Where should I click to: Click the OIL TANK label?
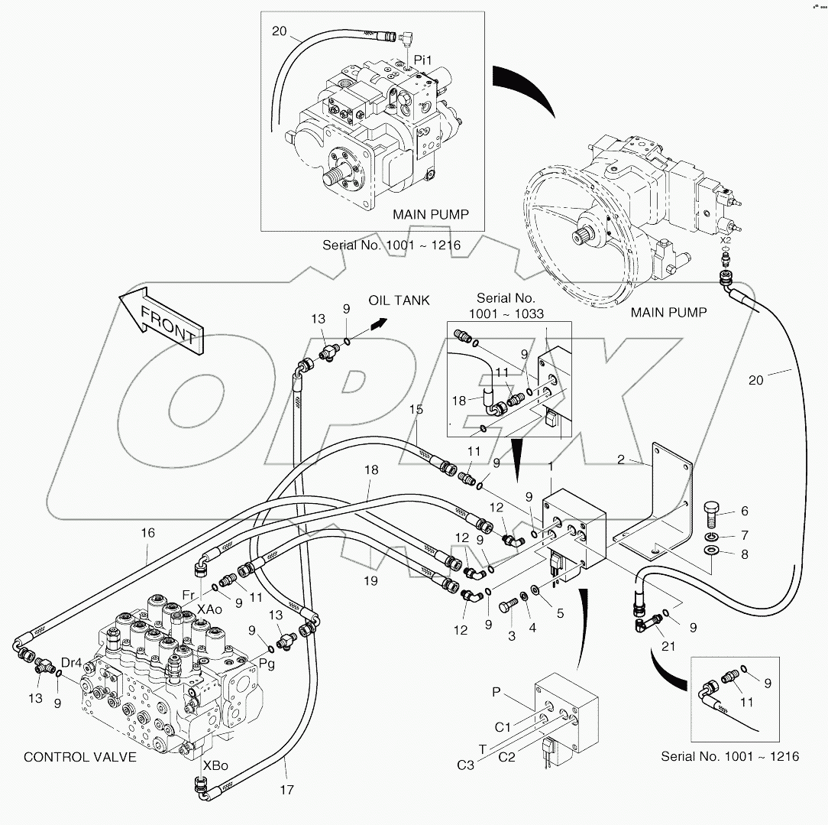pos(399,300)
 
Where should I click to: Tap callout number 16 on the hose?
pos(147,533)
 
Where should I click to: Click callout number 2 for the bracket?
pos(621,460)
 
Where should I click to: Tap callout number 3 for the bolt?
pos(512,635)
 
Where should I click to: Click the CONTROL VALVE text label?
pos(80,757)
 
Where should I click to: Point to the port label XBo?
pos(214,765)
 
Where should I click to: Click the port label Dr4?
pos(71,662)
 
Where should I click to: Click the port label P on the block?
pos(496,692)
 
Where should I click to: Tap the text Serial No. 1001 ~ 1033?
pos(506,305)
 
